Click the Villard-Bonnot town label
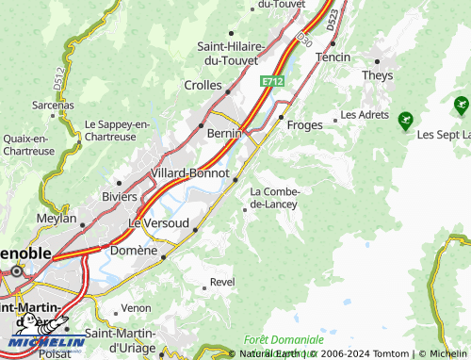point(189,173)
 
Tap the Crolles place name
point(203,85)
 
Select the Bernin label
point(224,135)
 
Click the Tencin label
point(333,57)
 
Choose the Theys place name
point(377,74)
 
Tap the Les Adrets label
point(364,115)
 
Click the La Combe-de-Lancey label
point(273,198)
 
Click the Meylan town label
point(57,218)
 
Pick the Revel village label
point(222,281)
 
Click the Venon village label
point(136,307)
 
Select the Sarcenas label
point(53,105)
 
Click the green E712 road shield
point(272,82)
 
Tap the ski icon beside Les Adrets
point(405,120)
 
